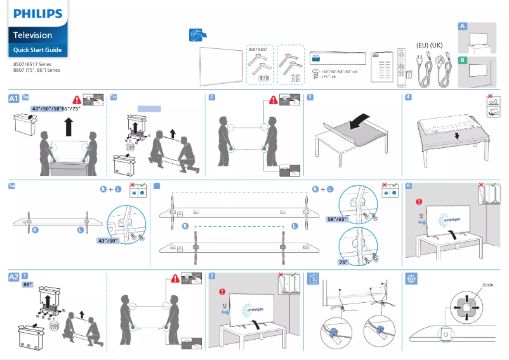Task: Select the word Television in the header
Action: click(x=33, y=36)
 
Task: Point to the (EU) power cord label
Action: click(x=422, y=45)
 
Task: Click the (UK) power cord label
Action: click(x=436, y=45)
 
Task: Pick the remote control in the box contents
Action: click(x=400, y=66)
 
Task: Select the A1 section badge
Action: click(x=13, y=98)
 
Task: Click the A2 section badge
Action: click(x=13, y=277)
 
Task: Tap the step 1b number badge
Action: click(x=114, y=97)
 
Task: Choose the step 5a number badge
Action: click(x=12, y=185)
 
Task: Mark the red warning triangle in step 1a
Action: click(x=77, y=100)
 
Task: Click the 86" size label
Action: click(x=28, y=286)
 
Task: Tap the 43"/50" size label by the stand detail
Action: click(x=109, y=241)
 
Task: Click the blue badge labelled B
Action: click(x=463, y=60)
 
